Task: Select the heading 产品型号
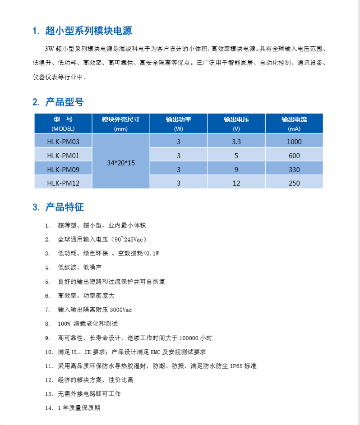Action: point(65,102)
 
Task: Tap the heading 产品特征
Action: point(65,207)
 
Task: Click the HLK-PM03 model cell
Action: point(63,142)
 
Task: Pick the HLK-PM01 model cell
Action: point(63,155)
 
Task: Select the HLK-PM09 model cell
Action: point(63,169)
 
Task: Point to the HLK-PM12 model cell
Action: point(63,183)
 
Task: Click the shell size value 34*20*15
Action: point(121,163)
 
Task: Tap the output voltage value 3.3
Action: point(236,142)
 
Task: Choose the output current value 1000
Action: point(294,142)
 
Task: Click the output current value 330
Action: point(294,169)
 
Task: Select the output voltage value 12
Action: point(236,183)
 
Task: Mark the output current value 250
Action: point(294,183)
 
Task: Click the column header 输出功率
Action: point(178,120)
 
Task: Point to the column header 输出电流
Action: point(294,120)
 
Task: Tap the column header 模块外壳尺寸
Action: point(120,120)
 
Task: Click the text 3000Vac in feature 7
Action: point(121,310)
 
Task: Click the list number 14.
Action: point(49,408)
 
